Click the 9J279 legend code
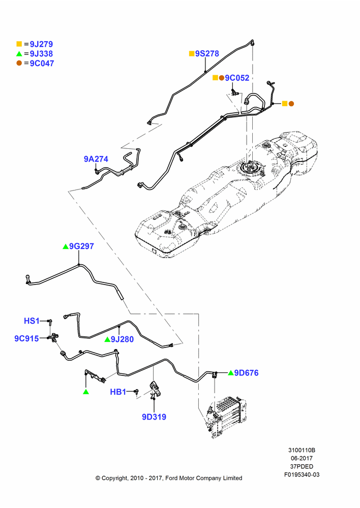[41, 44]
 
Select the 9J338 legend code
[41, 54]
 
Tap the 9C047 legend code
[42, 63]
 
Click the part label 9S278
[207, 53]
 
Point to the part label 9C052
[237, 78]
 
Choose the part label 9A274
[96, 159]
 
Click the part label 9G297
[81, 246]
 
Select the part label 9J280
[122, 339]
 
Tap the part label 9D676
[247, 373]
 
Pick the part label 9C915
[26, 338]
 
